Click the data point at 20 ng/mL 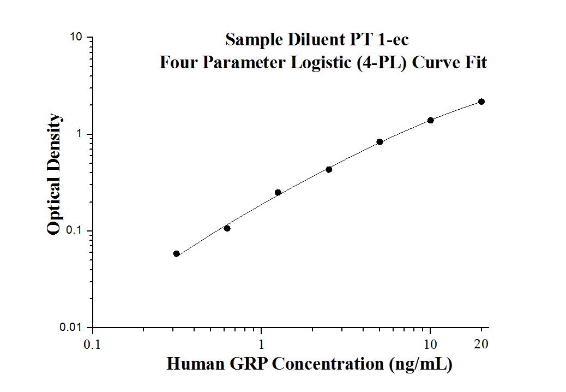pos(481,102)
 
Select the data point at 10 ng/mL pos(431,120)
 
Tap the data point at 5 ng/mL pos(380,142)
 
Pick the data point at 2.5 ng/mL pos(329,169)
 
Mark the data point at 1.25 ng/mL pos(278,192)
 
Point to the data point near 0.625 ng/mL pos(227,228)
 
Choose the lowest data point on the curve pos(176,254)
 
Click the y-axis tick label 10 pos(76,37)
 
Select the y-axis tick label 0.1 pos(74,230)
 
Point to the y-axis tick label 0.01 pos(71,327)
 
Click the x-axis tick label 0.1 pos(92,345)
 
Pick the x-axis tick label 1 pos(262,345)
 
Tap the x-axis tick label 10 pos(431,345)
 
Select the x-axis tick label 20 pos(481,345)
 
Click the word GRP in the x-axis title pos(249,364)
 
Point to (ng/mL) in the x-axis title pos(421,364)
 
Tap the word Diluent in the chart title pos(304,40)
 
